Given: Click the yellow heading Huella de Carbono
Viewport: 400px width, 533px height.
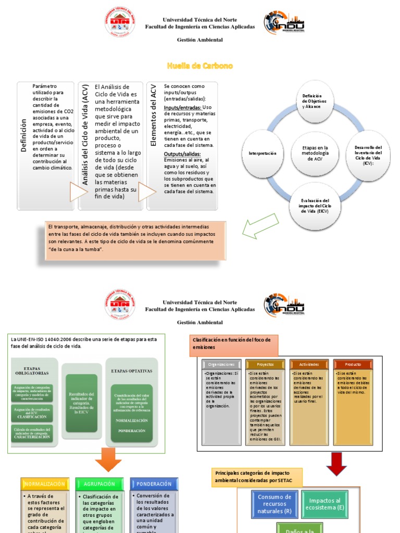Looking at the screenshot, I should pos(199,66).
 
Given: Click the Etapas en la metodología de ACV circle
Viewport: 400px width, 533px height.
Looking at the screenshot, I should pos(316,153).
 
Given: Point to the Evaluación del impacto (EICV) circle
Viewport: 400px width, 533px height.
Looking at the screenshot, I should pos(316,206).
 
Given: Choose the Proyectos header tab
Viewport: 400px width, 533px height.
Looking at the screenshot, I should pos(266,364).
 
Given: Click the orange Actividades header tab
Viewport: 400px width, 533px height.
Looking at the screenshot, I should pos(309,364).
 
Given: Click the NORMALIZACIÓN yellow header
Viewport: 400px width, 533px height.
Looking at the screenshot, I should pos(44,484).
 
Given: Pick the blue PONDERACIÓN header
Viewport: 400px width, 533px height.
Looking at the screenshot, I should pos(154,484).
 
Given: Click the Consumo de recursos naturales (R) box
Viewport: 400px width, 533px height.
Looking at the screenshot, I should pos(274,504).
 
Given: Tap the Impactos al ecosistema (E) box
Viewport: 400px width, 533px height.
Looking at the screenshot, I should pos(326,504).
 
